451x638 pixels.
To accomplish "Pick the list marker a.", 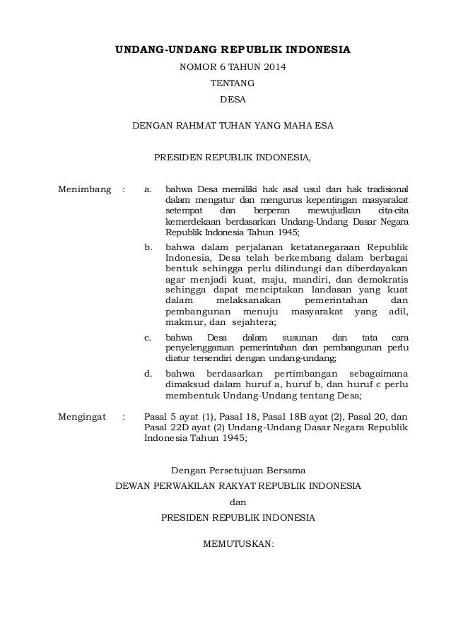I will [x=147, y=189].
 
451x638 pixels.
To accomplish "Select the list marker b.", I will [x=147, y=247].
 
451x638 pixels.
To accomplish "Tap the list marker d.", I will [x=147, y=372].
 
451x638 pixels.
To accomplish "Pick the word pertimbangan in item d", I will [x=297, y=372].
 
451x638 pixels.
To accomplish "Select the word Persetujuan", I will [x=247, y=469].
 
